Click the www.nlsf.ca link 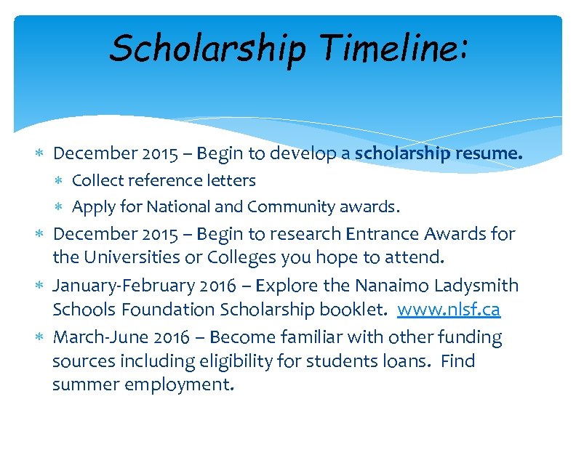tap(449, 310)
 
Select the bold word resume tap(488, 153)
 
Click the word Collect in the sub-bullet tap(98, 180)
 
